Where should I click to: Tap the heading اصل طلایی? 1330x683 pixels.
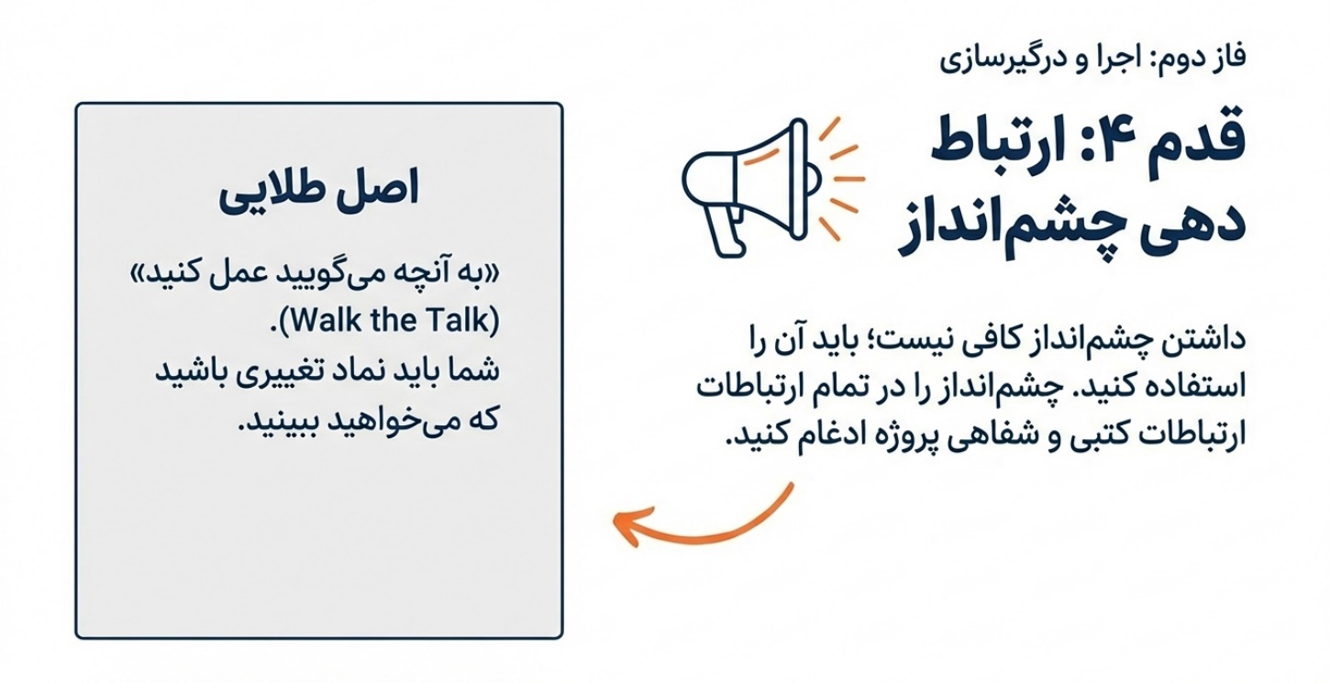tap(318, 190)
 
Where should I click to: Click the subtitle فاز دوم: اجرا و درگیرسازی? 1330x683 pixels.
tap(1092, 59)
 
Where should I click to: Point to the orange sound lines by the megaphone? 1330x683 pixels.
tap(839, 179)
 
